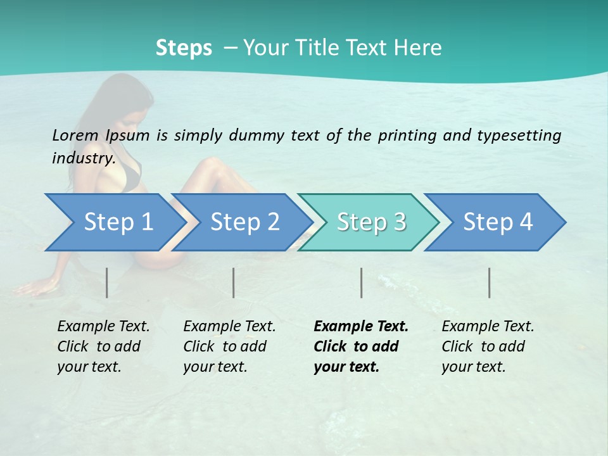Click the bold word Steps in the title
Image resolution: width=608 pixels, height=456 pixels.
pos(184,48)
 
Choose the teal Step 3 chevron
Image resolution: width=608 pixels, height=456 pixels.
pos(371,222)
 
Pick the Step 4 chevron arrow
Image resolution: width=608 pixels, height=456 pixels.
pos(498,222)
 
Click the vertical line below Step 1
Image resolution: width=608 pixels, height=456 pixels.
pos(107,282)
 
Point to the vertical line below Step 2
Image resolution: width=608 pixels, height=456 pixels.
pos(234,282)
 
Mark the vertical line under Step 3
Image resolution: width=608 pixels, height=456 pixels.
pos(362,282)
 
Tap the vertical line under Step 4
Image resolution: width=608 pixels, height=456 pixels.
pos(490,282)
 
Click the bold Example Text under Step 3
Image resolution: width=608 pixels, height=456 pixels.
pos(361,327)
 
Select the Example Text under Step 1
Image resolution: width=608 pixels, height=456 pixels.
pos(103,327)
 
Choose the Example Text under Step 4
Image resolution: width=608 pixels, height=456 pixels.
pos(488,327)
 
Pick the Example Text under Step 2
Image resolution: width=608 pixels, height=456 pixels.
pos(229,327)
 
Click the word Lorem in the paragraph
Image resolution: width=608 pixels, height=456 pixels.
pos(75,136)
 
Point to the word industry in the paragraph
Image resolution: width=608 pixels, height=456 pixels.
pos(83,158)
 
